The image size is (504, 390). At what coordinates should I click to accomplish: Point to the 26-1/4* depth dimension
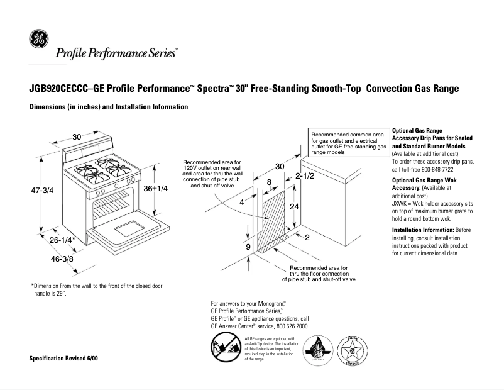62,240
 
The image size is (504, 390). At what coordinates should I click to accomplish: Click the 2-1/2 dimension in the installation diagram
304,176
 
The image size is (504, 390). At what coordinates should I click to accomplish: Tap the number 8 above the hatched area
269,182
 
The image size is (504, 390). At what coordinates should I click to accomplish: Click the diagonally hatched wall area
275,223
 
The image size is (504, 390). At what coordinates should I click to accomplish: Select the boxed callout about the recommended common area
348,143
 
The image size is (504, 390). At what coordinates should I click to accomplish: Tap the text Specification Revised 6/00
63,358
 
